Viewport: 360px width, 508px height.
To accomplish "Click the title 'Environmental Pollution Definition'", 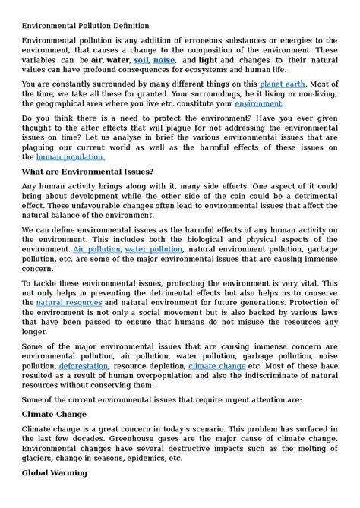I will click(85, 25).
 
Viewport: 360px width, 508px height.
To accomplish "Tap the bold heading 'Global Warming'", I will click(55, 473).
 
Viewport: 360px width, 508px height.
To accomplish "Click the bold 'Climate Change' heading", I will click(55, 415).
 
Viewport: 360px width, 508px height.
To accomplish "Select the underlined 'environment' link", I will click(258, 103).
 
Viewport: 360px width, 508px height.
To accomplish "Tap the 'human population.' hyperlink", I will click(71, 156).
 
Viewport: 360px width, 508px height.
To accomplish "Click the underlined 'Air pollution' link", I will click(96, 248).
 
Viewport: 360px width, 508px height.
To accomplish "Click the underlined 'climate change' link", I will click(217, 366).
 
